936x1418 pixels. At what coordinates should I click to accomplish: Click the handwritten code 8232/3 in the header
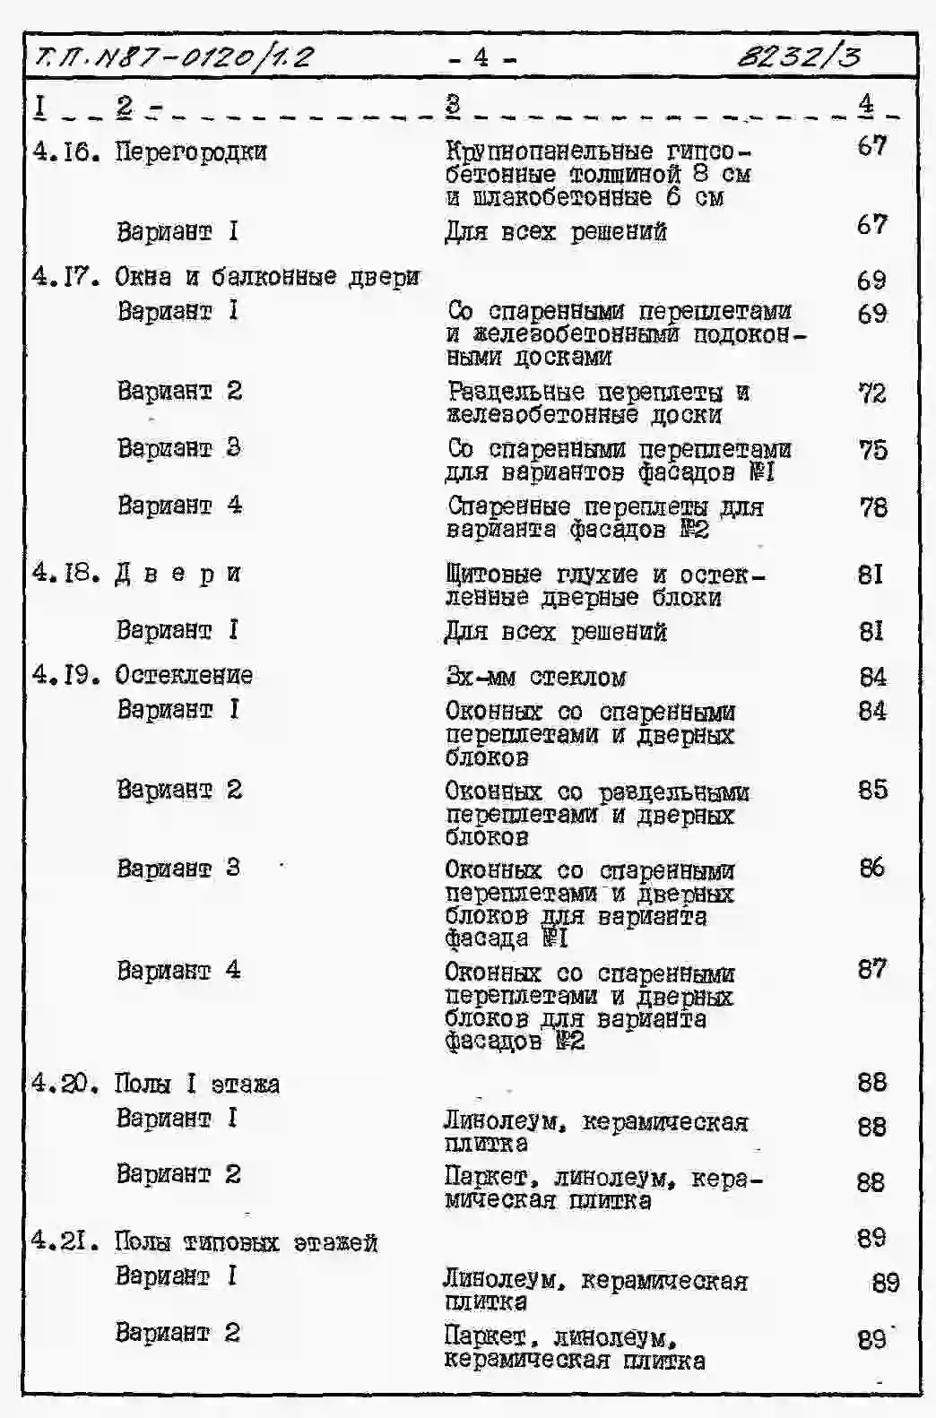[799, 57]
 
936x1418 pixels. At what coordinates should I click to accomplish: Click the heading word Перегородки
[191, 151]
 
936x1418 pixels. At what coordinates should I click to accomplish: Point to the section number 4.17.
[65, 276]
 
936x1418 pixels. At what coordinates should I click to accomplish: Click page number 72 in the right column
[872, 393]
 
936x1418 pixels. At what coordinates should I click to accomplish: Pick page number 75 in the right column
[872, 450]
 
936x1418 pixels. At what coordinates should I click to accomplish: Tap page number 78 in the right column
[872, 507]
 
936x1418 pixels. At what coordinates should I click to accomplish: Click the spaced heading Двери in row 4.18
[178, 574]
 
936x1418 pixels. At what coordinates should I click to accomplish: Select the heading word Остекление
[184, 675]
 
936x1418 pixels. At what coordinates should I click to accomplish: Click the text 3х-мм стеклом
[535, 677]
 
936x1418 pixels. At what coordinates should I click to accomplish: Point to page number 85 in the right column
[872, 790]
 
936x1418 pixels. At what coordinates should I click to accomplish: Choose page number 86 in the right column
[871, 868]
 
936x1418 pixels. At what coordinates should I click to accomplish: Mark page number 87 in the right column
[871, 969]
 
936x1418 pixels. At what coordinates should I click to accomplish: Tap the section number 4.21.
[65, 1241]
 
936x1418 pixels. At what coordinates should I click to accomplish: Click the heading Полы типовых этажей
[246, 1242]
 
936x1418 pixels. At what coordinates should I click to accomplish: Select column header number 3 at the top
[453, 105]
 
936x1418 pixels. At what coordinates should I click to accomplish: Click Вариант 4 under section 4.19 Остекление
[178, 970]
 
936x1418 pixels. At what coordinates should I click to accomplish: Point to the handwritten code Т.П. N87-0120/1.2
[174, 58]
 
